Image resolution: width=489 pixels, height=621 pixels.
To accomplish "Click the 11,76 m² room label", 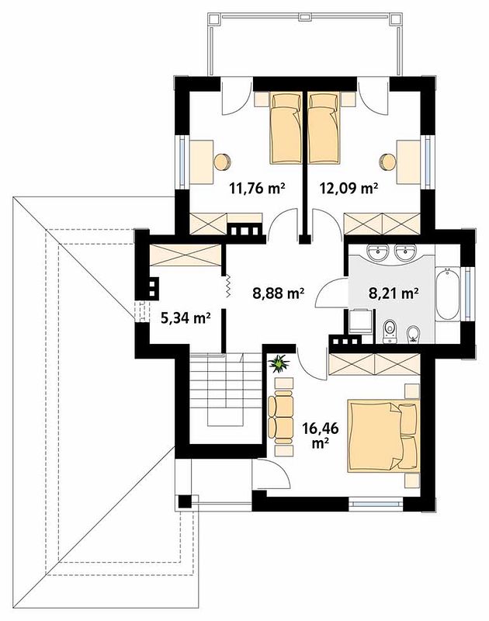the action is click(258, 188).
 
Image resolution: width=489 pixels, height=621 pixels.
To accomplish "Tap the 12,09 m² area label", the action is click(349, 188).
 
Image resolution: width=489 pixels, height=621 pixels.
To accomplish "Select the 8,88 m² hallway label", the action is click(279, 293).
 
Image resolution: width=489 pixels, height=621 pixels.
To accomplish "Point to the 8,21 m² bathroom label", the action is click(394, 293).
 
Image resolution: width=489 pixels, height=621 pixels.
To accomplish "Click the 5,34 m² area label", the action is click(186, 317).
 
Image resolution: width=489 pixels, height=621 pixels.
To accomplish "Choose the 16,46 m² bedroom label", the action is click(321, 435).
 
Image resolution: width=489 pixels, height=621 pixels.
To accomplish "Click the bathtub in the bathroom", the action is click(448, 293).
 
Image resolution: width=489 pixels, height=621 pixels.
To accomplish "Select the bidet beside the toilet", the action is click(413, 334).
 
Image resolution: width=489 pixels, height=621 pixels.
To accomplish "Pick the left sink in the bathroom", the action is click(378, 252).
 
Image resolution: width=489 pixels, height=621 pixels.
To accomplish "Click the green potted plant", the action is click(279, 363).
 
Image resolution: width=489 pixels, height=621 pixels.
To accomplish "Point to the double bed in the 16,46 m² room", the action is click(383, 436).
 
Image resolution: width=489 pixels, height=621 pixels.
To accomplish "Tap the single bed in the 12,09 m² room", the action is click(324, 127).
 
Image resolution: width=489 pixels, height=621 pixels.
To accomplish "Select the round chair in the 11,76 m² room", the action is click(222, 162).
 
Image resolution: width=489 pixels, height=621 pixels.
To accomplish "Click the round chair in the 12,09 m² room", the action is click(387, 162).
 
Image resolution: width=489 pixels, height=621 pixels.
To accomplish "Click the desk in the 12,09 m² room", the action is click(408, 162).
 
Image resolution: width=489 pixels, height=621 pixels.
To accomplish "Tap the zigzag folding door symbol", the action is click(228, 286).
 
